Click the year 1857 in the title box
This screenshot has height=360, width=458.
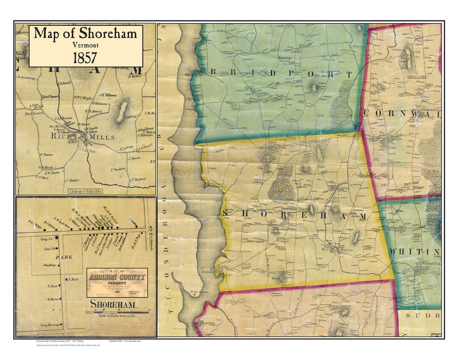(85, 58)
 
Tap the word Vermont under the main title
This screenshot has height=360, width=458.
(85, 45)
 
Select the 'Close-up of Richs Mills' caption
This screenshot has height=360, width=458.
(85, 191)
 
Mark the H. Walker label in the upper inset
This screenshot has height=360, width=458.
(134, 77)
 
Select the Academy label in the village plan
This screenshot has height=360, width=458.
(50, 265)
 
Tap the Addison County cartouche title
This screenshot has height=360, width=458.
(117, 278)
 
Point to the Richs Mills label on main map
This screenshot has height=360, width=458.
(338, 250)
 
